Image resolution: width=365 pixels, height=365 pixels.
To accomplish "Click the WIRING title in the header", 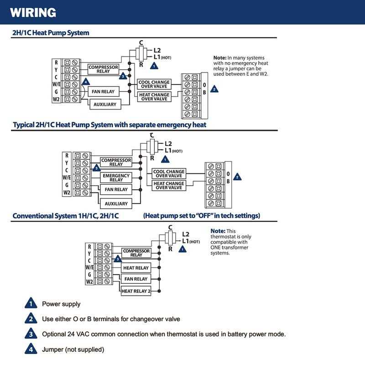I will (x=32, y=12).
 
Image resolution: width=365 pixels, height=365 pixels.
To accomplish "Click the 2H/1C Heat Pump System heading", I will (x=51, y=33).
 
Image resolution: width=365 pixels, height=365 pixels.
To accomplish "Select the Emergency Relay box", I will (x=116, y=178).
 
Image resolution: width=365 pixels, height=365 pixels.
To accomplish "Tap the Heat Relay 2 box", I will (x=136, y=291).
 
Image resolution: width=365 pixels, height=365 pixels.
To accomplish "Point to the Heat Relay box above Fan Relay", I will (x=136, y=268).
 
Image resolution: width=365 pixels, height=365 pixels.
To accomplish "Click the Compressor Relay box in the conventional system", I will (x=136, y=253).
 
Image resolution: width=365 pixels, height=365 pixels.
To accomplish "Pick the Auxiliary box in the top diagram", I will (x=104, y=104).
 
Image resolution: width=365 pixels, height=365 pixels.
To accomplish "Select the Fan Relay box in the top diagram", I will (x=103, y=91).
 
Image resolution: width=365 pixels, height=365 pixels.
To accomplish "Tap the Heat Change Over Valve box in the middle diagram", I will (x=168, y=186).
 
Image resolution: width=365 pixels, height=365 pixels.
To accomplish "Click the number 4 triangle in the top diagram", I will (x=85, y=82).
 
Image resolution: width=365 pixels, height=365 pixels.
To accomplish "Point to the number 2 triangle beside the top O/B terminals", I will (x=214, y=89).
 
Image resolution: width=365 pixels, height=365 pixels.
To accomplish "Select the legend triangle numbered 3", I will (x=30, y=334).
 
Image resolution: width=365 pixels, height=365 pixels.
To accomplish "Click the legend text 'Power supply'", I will (x=61, y=304).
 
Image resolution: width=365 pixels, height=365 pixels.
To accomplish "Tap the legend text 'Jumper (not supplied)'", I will (x=73, y=349).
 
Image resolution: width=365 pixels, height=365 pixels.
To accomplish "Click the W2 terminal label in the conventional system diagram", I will (x=90, y=282).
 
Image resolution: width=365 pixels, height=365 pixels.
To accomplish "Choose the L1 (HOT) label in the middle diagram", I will (x=173, y=151).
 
